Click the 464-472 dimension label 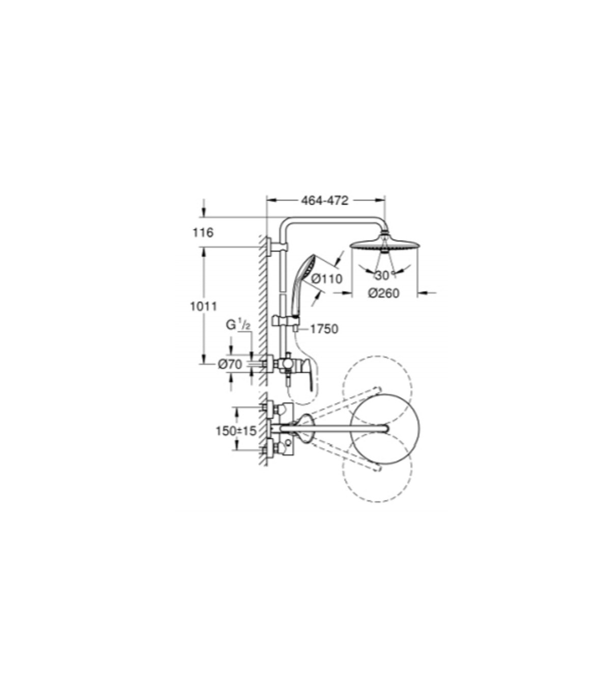pyautogui.click(x=324, y=201)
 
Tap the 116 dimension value pyautogui.click(x=203, y=233)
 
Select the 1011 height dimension pyautogui.click(x=204, y=307)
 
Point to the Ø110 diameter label pyautogui.click(x=327, y=279)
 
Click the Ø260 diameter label pyautogui.click(x=384, y=293)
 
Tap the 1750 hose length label pyautogui.click(x=324, y=329)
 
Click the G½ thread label pyautogui.click(x=238, y=325)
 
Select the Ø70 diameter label pyautogui.click(x=230, y=365)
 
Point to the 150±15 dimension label pyautogui.click(x=236, y=431)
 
